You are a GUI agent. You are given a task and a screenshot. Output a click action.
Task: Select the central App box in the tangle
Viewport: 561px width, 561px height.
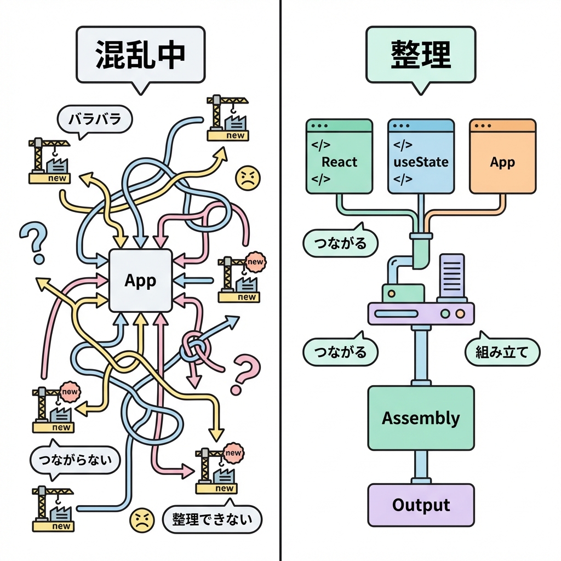pos(141,280)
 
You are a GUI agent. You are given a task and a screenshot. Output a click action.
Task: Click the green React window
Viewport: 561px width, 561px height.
pos(339,157)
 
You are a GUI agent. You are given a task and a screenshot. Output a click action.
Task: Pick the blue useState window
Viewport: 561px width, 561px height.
pos(421,157)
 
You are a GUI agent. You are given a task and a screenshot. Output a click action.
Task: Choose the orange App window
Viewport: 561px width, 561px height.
pos(502,157)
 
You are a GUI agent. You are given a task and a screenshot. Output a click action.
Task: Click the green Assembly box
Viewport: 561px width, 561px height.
pos(421,418)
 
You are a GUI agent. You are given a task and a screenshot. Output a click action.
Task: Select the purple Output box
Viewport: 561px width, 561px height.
pos(421,505)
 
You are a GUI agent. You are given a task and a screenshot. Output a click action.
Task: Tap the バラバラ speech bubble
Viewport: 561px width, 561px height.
pos(95,119)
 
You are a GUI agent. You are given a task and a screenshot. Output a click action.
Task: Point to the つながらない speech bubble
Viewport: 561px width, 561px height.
pos(75,461)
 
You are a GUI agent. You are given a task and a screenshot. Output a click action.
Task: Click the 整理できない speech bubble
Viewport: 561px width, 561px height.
pos(212,519)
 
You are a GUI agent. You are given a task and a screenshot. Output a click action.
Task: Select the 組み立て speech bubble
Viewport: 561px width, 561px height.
pos(502,352)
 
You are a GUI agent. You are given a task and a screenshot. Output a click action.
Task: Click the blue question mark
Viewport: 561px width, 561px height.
pos(33,241)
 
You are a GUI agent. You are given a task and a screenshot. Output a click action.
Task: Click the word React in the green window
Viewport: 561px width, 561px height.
pos(340,162)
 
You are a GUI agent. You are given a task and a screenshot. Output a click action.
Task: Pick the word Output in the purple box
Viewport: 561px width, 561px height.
pos(421,505)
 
